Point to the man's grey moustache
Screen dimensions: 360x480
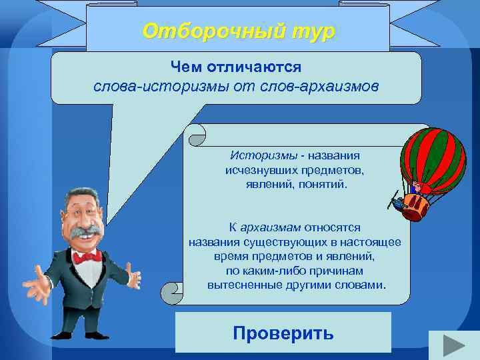85,235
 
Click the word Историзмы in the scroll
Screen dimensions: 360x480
263,155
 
